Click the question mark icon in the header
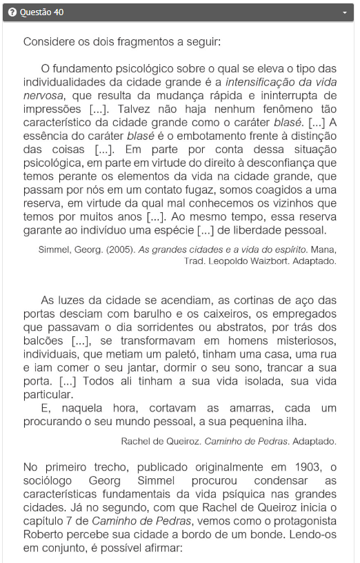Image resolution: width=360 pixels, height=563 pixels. click(x=12, y=12)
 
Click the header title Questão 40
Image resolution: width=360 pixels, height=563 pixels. click(x=41, y=12)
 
